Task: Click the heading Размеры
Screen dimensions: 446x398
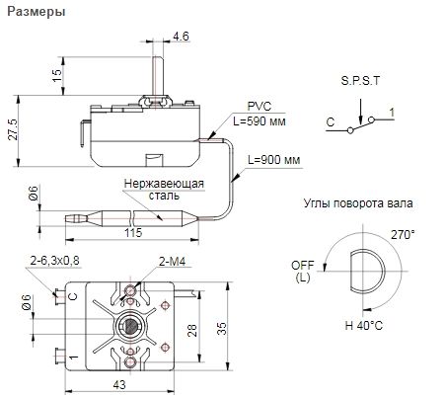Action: [37, 12]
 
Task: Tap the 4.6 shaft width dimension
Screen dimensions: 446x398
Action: [182, 36]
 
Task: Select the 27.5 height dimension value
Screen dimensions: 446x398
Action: [13, 128]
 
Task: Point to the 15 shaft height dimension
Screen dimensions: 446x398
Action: [57, 76]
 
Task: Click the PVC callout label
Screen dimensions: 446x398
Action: [260, 106]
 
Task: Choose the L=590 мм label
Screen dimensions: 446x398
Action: [260, 121]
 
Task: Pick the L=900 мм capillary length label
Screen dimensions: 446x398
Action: [274, 160]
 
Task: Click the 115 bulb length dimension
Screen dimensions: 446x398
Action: [133, 232]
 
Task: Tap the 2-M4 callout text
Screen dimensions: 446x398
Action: [173, 262]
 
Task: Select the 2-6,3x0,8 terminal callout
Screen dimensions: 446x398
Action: [54, 261]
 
